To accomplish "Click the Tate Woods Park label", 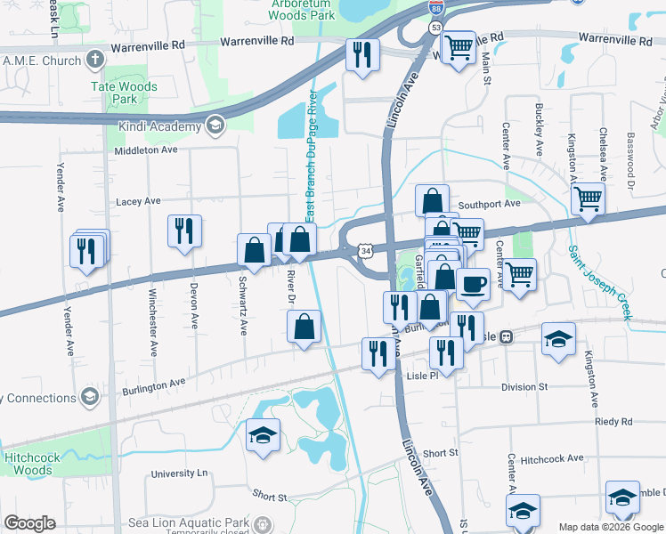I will (x=124, y=93).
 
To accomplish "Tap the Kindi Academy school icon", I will (x=214, y=125).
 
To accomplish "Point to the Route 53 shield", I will (x=435, y=28).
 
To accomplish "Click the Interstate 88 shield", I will (x=435, y=8).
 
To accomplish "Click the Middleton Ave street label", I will (x=146, y=150).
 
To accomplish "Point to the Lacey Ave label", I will (x=138, y=202).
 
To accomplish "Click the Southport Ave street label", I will (x=489, y=204).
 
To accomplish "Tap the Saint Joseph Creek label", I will (x=601, y=284).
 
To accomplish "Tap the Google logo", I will (x=29, y=523).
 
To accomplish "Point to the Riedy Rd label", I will (x=613, y=421).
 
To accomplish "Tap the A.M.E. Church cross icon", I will (x=94, y=60).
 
